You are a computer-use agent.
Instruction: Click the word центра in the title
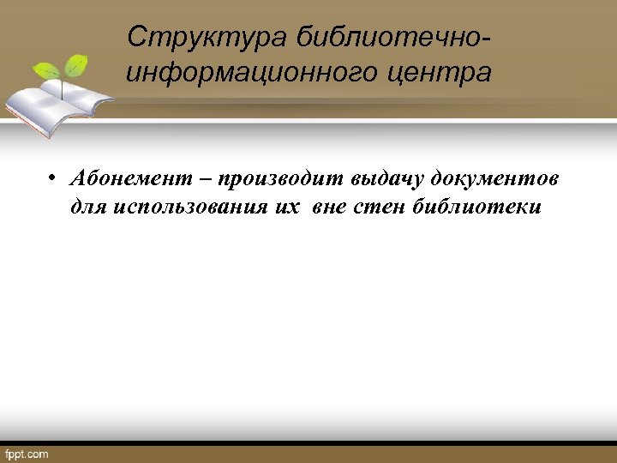(x=446, y=73)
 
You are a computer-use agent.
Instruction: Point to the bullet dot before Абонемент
(x=52, y=179)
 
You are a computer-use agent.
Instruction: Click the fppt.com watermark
(x=27, y=454)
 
